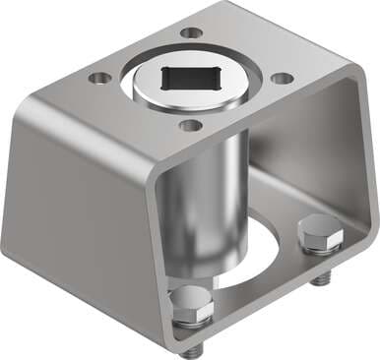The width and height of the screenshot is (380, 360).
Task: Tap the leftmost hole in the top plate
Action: [99, 77]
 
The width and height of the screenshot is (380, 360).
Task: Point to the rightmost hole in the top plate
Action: [281, 78]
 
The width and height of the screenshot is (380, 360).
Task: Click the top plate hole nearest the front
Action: [191, 125]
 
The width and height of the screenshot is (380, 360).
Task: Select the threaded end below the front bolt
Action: [190, 345]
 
